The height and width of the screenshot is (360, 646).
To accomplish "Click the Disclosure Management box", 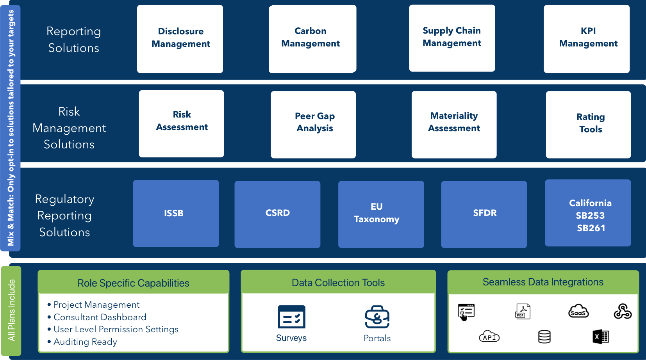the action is click(180, 39).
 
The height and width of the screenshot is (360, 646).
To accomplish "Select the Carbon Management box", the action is click(312, 39).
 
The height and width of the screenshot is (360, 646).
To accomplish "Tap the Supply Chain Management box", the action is click(452, 38).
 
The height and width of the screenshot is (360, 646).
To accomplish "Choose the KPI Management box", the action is click(587, 39).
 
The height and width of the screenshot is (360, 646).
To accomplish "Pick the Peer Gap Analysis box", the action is click(313, 125).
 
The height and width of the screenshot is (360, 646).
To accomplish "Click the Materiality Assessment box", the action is click(454, 125).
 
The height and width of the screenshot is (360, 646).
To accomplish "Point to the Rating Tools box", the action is click(588, 125).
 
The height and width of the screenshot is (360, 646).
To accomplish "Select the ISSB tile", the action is click(176, 214).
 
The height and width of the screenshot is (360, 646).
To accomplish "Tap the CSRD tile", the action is click(277, 214).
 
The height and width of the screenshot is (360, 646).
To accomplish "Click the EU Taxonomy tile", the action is click(381, 214).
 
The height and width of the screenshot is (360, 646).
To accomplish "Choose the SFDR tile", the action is click(484, 214).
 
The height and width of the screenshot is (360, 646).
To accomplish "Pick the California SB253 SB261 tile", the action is click(588, 213).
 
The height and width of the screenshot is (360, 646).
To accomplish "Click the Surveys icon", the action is click(292, 317).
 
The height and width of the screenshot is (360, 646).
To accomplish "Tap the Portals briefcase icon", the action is click(377, 317).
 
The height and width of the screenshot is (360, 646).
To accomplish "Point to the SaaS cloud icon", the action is click(578, 311).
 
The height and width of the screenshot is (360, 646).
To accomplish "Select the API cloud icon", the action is click(489, 336).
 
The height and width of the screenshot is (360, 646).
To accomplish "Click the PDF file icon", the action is click(523, 311).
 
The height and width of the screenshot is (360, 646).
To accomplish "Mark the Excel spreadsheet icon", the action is click(601, 337).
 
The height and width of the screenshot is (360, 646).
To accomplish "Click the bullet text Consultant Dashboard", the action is click(100, 317).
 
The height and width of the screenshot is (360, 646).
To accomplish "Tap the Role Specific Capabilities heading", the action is click(133, 283).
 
